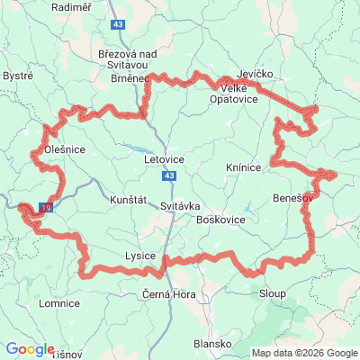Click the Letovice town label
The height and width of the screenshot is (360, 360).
click(164, 159)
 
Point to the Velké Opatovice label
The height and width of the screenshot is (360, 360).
click(238, 94)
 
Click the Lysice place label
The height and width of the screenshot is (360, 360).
click(139, 256)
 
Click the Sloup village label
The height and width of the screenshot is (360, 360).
click(272, 294)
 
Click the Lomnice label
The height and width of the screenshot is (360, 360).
click(60, 304)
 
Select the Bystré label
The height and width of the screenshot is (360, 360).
click(18, 76)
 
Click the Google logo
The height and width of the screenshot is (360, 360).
click(30, 349)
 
